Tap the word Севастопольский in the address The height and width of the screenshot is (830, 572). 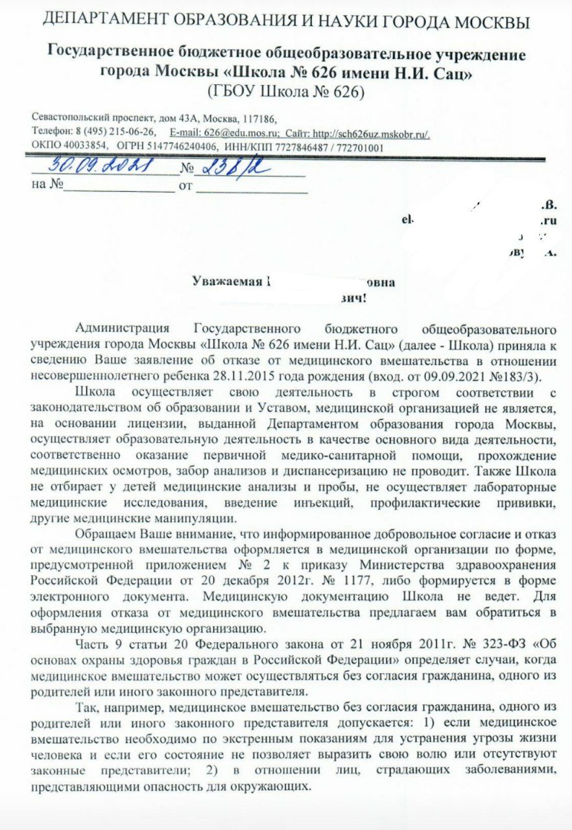[x=71, y=119]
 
